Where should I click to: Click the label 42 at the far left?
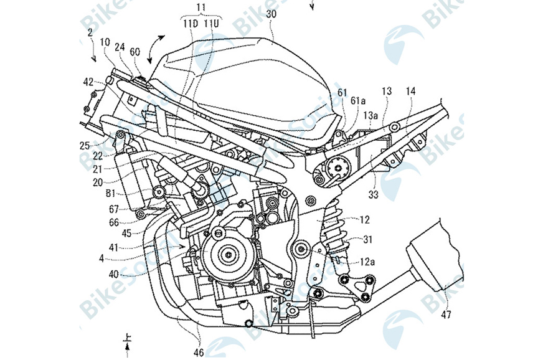89,81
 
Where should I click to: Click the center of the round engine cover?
229,253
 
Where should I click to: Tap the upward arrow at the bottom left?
127,339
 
